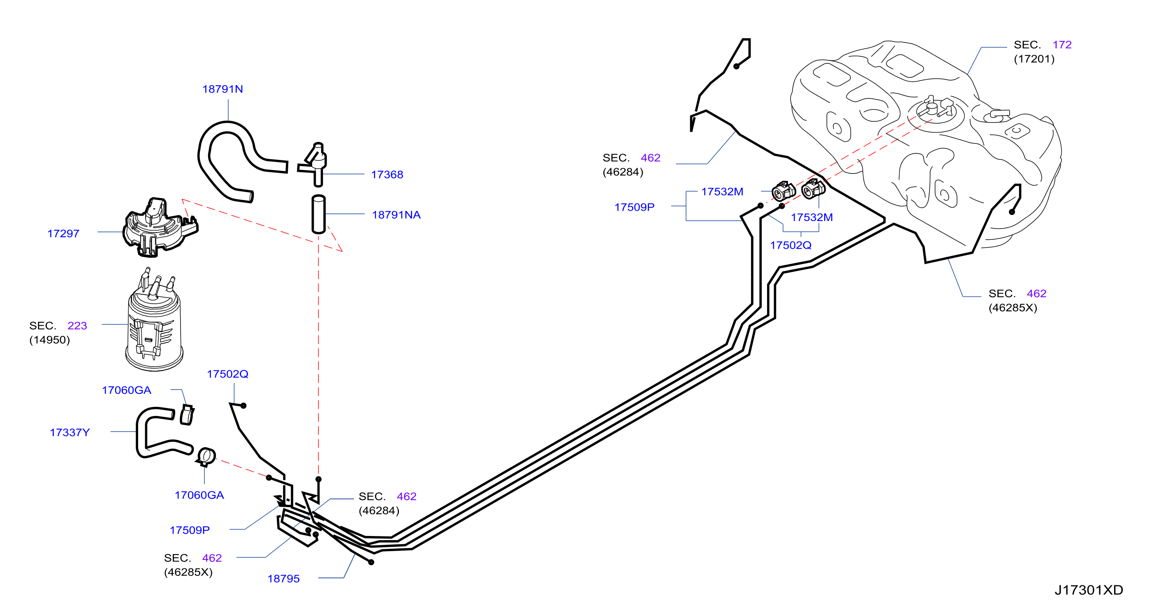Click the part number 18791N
pos(222,89)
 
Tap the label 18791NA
pos(396,215)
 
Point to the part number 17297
pos(63,233)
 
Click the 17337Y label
pos(70,432)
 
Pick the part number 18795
pos(283,579)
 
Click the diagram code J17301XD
pos(1089,590)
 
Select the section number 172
pos(1062,44)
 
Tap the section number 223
pos(77,326)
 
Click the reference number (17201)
pos(1034,59)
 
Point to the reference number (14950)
pos(49,340)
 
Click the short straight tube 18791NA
pos(319,214)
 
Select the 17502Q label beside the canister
pos(227,374)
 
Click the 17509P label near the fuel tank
pos(634,207)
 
